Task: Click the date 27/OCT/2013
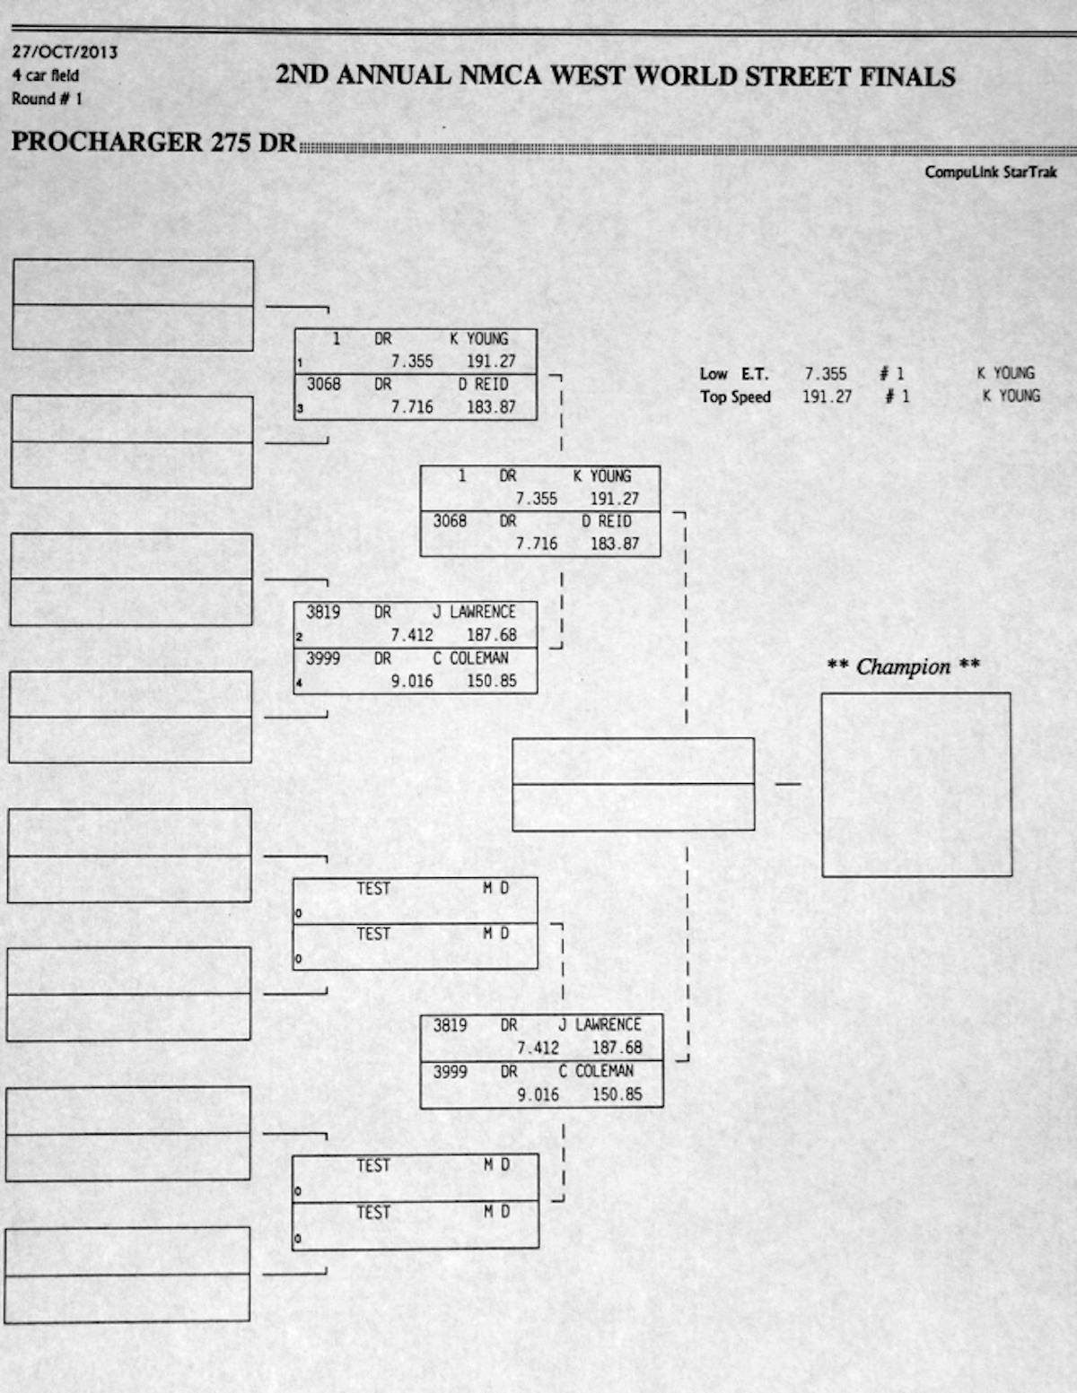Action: pos(64,52)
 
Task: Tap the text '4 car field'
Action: pos(45,75)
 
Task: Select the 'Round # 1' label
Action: pos(47,99)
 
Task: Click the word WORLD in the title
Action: pos(684,76)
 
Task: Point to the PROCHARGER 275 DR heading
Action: pos(154,143)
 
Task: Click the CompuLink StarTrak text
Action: pos(991,172)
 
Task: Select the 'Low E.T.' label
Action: pos(734,374)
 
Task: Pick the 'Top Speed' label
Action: pos(735,397)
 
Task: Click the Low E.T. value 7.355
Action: pos(826,374)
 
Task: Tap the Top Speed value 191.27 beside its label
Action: pos(827,396)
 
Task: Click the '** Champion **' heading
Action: pos(903,666)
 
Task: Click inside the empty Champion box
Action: pos(916,785)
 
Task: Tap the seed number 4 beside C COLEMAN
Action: pos(299,683)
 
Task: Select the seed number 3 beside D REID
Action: pos(300,408)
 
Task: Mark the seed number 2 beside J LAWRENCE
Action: pos(299,637)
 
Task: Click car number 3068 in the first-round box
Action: pos(324,384)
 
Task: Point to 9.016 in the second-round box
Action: pos(538,1094)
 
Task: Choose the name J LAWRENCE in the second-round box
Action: pos(600,1024)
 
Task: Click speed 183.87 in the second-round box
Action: pos(615,544)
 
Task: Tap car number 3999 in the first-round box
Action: pos(322,657)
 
